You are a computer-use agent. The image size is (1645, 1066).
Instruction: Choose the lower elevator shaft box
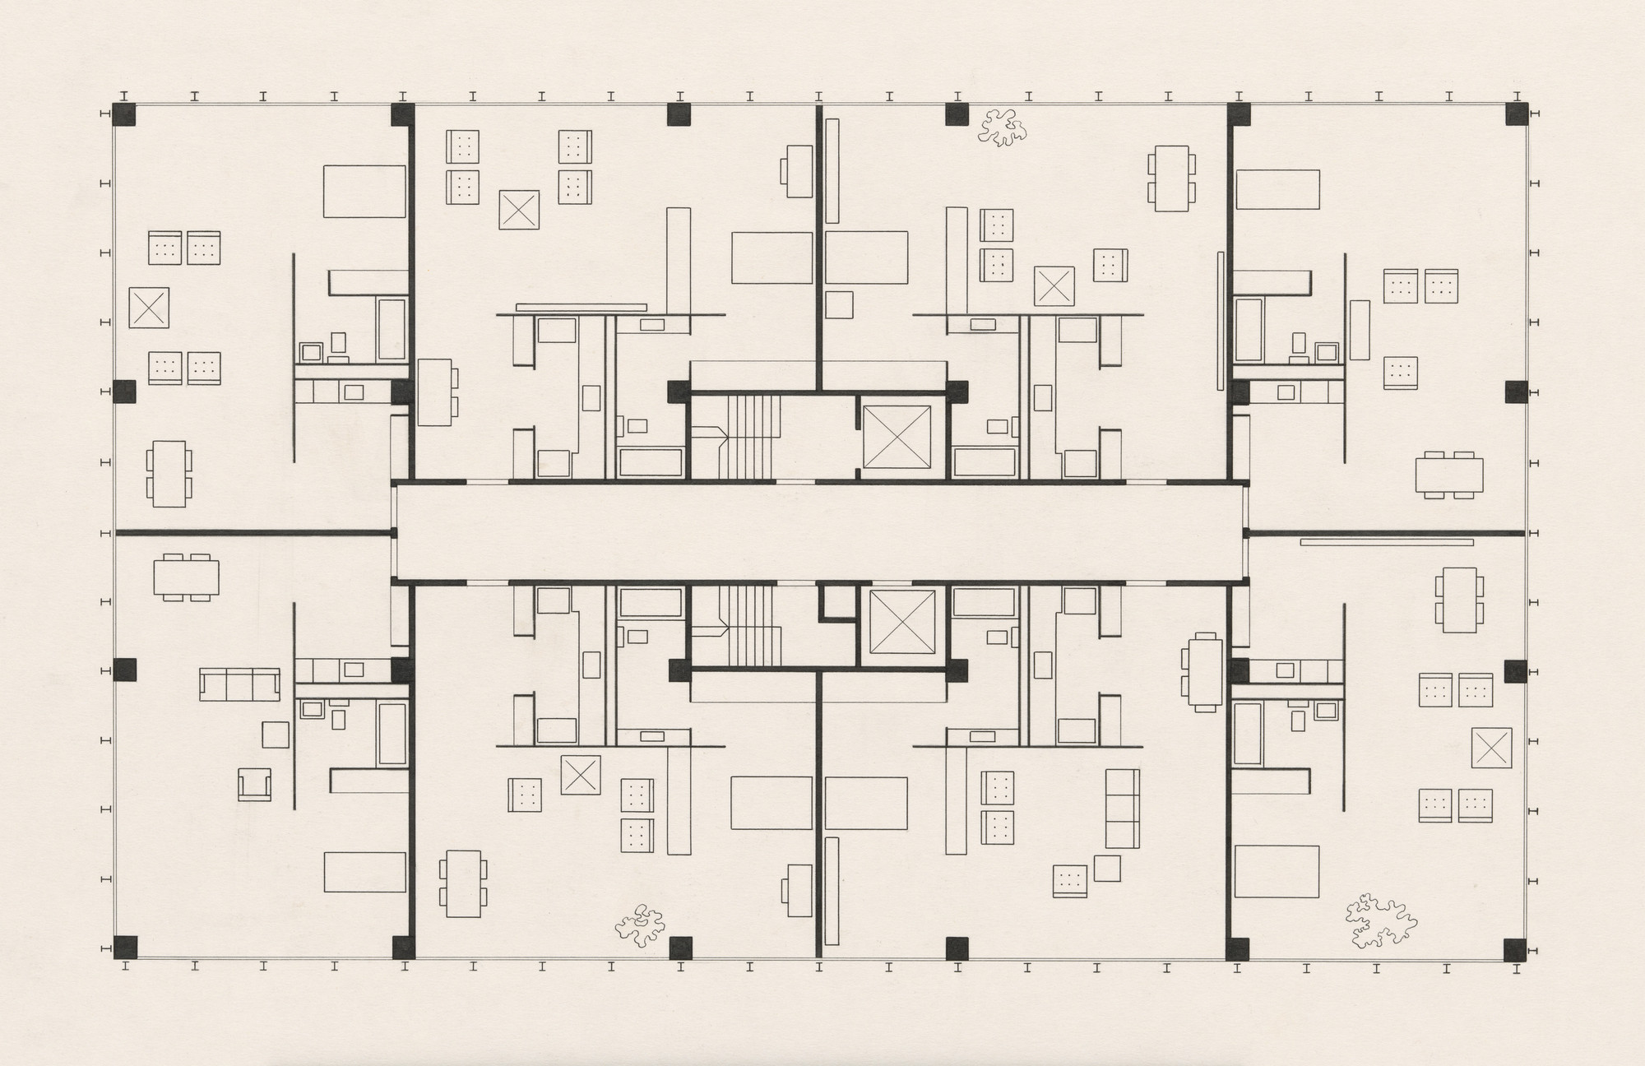[902, 623]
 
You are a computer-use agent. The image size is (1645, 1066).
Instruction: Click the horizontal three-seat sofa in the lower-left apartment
[239, 684]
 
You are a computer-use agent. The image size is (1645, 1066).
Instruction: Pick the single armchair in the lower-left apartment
[254, 784]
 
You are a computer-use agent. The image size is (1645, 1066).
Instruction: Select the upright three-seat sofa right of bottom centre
[1122, 809]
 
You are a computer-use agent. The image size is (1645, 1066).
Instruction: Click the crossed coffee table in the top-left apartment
[149, 308]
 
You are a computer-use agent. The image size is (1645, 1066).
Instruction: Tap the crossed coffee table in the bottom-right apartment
[1491, 748]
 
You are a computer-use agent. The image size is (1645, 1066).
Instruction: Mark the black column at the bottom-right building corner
[1516, 949]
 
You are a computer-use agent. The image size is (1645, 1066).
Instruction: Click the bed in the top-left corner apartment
[364, 191]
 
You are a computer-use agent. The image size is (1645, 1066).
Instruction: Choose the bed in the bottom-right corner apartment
[1277, 871]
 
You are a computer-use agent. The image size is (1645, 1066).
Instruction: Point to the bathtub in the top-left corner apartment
[391, 329]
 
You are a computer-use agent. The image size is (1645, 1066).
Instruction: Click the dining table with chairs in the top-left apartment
[169, 474]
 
